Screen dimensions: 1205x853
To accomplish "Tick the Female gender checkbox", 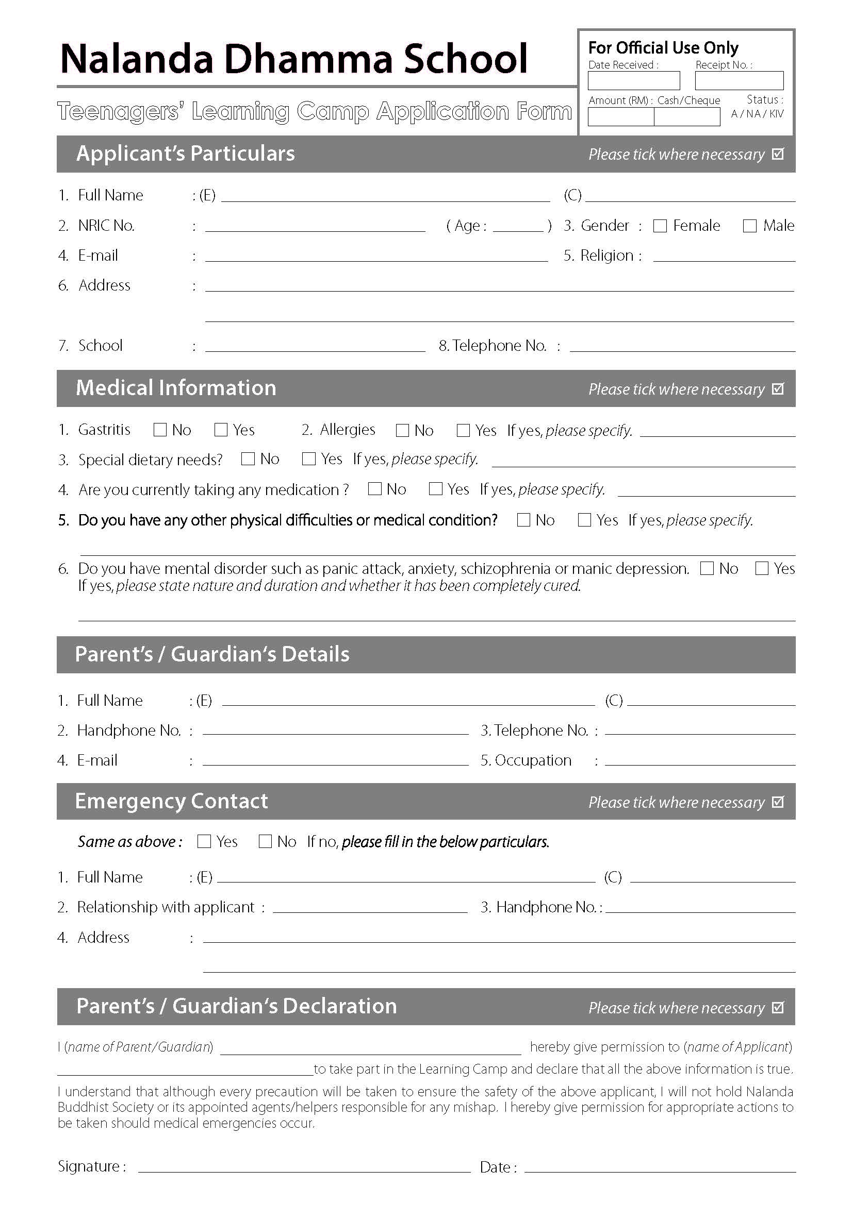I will [660, 226].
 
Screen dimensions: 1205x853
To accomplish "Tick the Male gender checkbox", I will [749, 226].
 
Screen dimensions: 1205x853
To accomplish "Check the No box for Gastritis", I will [160, 430].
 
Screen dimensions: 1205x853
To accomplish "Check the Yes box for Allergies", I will [463, 430].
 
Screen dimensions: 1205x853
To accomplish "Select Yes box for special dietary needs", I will [309, 459].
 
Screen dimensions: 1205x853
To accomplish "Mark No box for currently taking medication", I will [374, 489].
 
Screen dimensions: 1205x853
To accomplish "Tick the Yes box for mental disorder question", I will [762, 568].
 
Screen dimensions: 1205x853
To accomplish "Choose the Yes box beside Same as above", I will [204, 842].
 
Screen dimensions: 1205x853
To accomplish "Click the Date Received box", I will [633, 81].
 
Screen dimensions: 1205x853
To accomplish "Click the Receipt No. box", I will [739, 81].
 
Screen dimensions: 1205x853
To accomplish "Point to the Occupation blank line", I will [700, 762].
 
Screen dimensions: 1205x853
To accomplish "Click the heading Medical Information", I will [176, 388].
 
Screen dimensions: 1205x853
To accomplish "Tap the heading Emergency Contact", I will [171, 801].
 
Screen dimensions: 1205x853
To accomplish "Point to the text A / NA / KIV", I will [757, 114].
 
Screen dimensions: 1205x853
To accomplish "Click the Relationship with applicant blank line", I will [370, 910].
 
